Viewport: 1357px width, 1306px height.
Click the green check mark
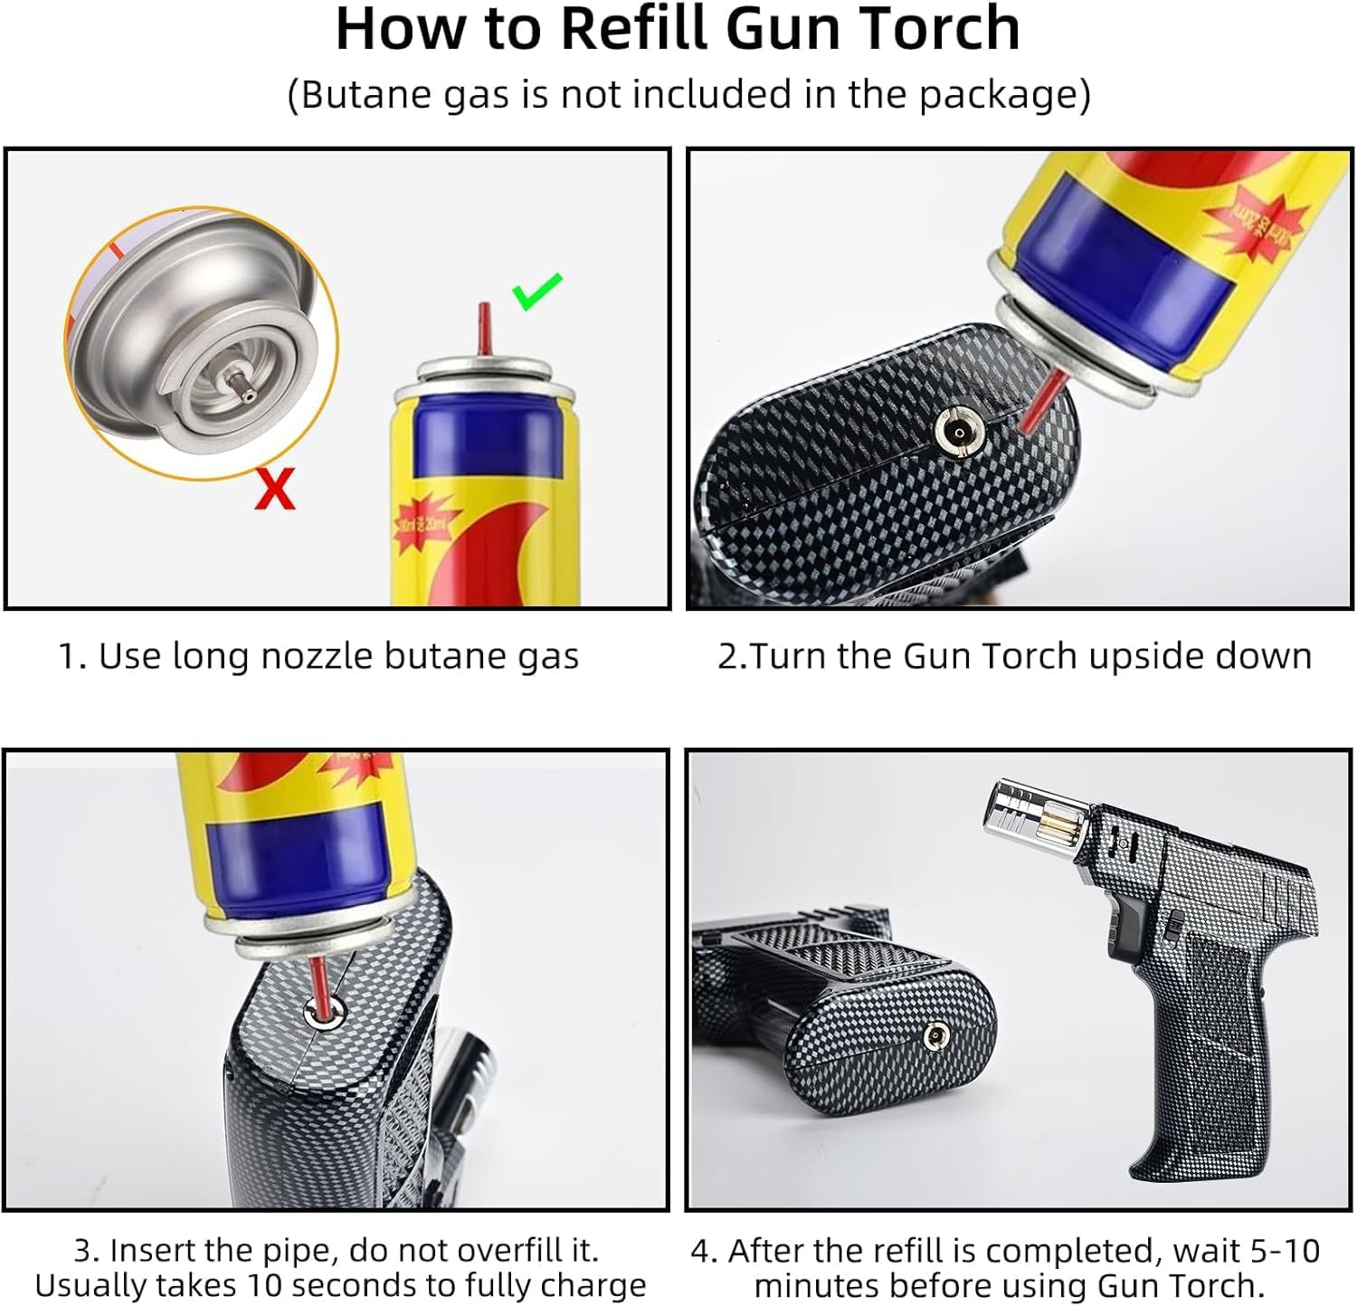[537, 291]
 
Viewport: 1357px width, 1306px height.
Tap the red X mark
[274, 490]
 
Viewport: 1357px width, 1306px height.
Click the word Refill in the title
[637, 29]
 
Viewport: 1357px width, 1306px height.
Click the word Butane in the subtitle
[356, 94]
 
